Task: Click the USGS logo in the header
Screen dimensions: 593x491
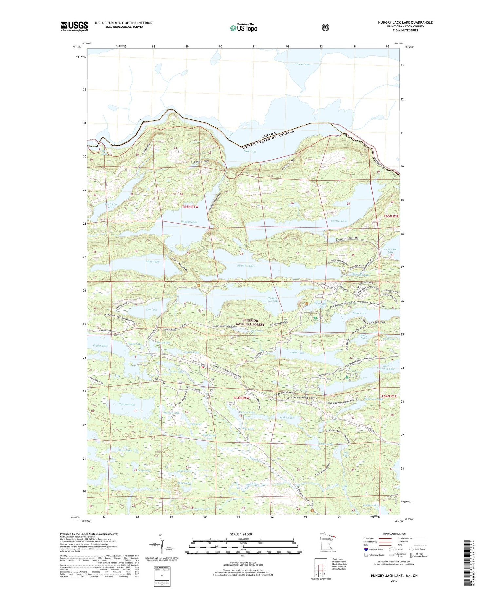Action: click(74, 26)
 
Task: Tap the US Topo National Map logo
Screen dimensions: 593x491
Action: click(244, 28)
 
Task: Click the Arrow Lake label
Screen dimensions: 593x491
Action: click(302, 64)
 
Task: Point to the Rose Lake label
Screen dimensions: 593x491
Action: click(250, 152)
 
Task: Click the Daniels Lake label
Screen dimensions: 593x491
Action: click(339, 221)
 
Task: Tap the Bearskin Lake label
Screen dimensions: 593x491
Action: click(246, 266)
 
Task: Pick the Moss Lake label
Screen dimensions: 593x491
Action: click(152, 261)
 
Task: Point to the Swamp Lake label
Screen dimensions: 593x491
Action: click(127, 404)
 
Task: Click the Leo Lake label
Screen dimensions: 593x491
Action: click(152, 309)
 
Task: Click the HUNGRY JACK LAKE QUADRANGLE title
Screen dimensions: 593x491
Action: click(405, 23)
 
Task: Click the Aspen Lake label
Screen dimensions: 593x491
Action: click(297, 353)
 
